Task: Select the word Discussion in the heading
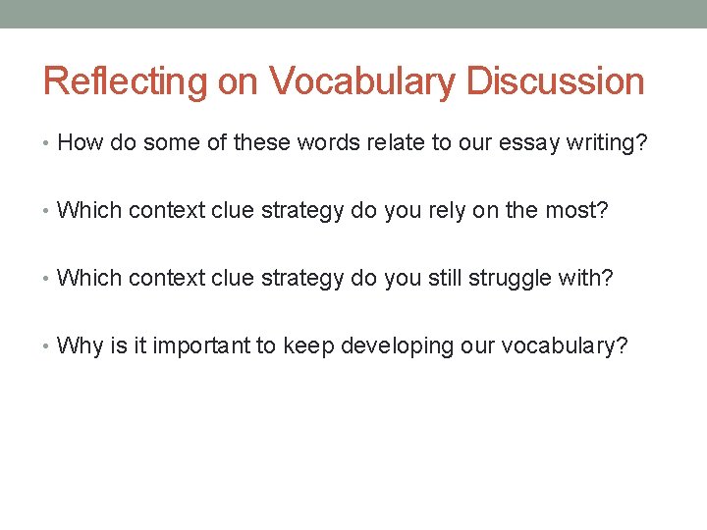pos(556,81)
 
